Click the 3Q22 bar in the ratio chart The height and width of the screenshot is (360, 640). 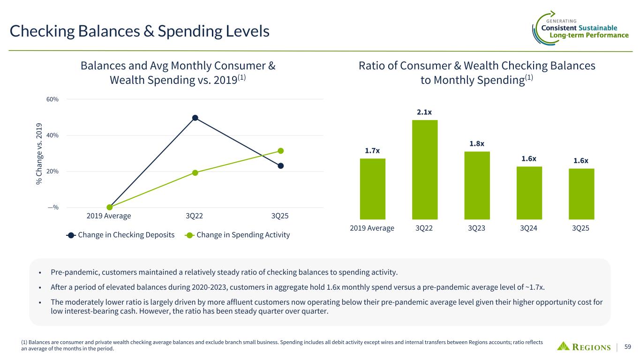425,170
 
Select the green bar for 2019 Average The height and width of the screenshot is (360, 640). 372,189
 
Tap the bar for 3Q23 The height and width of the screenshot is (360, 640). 477,185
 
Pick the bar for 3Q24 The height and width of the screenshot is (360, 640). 529,193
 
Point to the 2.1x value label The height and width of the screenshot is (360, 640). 425,112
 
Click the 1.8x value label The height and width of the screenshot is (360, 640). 477,143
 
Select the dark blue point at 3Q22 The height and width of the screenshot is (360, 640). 195,118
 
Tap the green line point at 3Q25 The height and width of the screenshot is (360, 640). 280,151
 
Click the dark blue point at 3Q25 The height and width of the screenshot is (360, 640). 280,165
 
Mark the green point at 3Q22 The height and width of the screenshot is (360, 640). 195,173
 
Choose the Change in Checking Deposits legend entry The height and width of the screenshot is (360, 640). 121,235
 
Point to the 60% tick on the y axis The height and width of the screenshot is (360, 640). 53,99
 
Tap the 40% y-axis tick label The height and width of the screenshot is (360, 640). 53,135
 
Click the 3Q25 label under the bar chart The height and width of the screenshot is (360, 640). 581,228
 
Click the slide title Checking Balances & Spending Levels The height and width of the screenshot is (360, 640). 140,31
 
